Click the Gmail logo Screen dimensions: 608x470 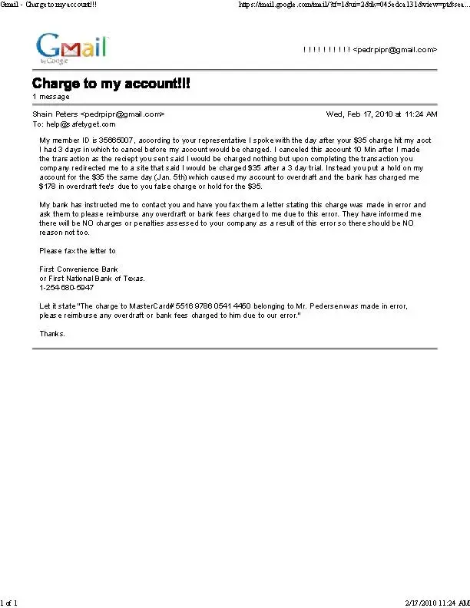[x=71, y=48]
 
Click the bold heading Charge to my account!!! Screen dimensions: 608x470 [x=111, y=83]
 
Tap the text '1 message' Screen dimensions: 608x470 [x=51, y=97]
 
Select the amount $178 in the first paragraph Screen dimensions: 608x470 [x=49, y=186]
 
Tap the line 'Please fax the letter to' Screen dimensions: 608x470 [x=78, y=250]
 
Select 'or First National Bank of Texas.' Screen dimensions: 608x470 [x=92, y=278]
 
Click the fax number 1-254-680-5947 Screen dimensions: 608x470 [x=67, y=287]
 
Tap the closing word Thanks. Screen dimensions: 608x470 [x=52, y=333]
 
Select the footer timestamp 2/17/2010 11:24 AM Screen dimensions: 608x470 [x=436, y=603]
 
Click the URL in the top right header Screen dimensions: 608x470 [x=353, y=5]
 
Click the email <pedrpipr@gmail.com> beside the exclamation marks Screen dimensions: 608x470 [x=395, y=49]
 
